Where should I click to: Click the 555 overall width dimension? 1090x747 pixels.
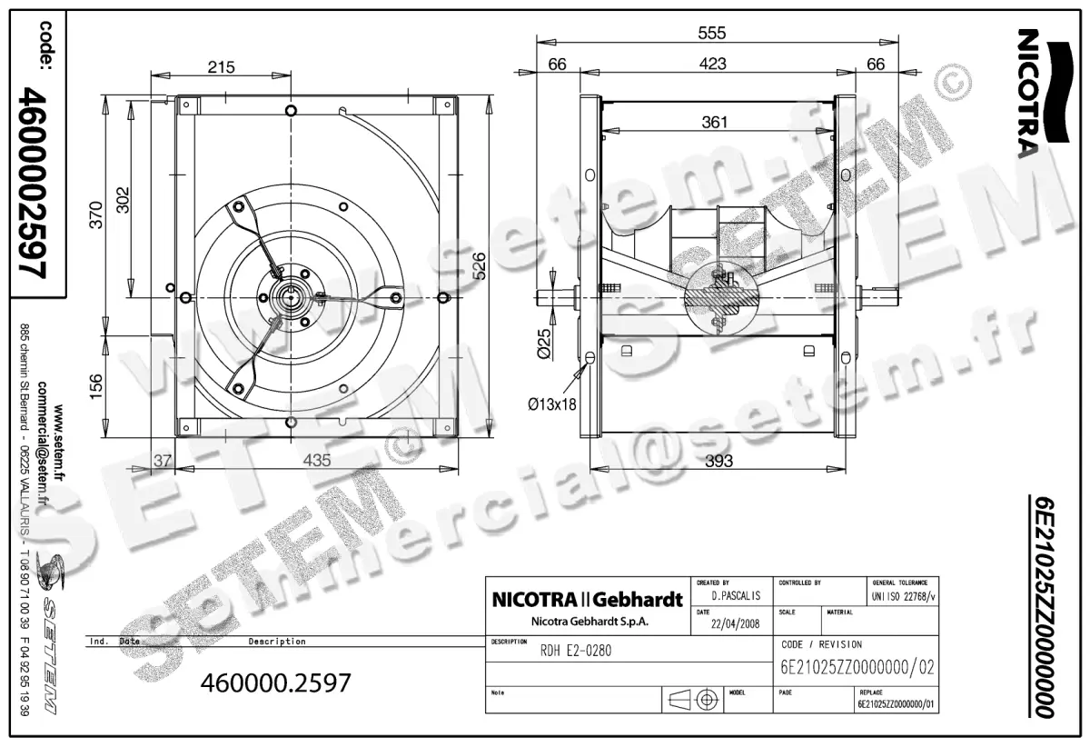pyautogui.click(x=712, y=33)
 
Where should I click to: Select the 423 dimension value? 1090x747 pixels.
pyautogui.click(x=713, y=64)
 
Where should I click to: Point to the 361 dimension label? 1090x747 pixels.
pyautogui.click(x=715, y=123)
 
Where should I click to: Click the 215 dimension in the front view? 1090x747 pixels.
pyautogui.click(x=221, y=66)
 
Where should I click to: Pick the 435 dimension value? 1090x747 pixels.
pyautogui.click(x=316, y=461)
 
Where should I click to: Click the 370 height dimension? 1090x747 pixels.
pyautogui.click(x=96, y=214)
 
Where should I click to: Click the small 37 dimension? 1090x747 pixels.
pyautogui.click(x=162, y=461)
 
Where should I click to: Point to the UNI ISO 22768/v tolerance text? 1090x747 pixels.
pyautogui.click(x=903, y=596)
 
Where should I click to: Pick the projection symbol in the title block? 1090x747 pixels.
pyautogui.click(x=693, y=700)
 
